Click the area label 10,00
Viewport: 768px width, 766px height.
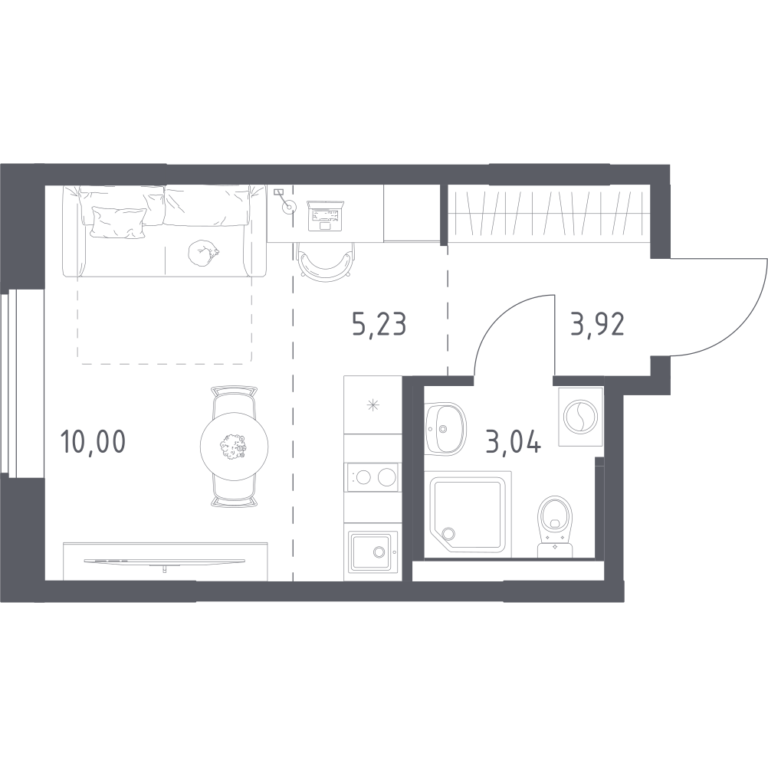click(x=93, y=441)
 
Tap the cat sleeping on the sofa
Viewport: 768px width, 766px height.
click(x=203, y=254)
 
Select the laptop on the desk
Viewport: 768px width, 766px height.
click(x=323, y=215)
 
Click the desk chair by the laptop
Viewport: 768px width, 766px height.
click(x=324, y=261)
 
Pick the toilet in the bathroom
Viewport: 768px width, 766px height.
click(x=555, y=526)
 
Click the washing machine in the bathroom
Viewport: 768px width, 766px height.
click(x=580, y=417)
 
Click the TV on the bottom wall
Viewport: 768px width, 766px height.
click(x=165, y=561)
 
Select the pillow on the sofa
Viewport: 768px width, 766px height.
click(x=120, y=222)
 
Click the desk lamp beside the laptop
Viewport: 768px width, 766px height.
click(x=284, y=201)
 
